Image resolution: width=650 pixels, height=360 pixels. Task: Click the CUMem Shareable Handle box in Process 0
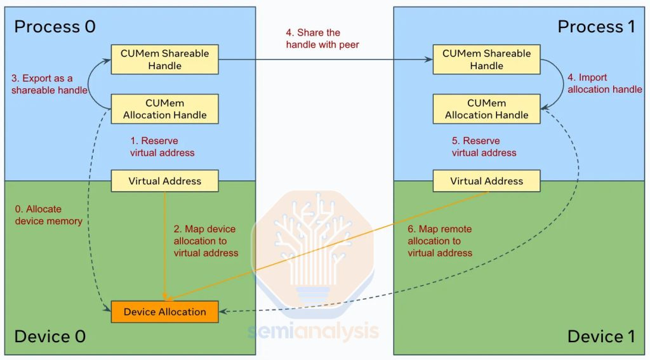click(164, 60)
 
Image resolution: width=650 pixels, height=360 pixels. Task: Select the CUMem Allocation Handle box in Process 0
click(164, 109)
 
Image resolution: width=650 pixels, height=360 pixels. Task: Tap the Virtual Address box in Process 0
click(164, 181)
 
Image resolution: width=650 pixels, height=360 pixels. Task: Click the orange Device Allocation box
click(164, 312)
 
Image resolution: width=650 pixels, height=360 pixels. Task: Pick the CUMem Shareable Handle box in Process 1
click(486, 60)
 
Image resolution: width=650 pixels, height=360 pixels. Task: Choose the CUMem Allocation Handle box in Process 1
click(486, 109)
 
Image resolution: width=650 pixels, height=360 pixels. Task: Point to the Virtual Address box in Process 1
click(486, 181)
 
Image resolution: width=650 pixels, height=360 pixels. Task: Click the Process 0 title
click(55, 27)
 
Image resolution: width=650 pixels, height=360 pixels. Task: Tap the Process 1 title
click(596, 27)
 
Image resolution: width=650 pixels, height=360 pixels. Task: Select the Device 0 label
click(50, 337)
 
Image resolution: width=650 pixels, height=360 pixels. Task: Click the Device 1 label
click(600, 337)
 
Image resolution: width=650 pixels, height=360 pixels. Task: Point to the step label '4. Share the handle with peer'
click(322, 39)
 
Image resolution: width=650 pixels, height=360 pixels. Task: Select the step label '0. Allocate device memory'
click(48, 215)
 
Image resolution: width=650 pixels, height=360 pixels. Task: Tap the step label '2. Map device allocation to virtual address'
click(206, 241)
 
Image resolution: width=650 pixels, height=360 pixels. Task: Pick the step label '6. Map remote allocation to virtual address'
click(440, 241)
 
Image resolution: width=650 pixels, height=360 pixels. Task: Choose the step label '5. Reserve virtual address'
click(484, 147)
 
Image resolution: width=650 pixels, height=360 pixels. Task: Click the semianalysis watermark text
click(314, 331)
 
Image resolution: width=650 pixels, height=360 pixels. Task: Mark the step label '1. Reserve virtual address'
click(162, 147)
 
